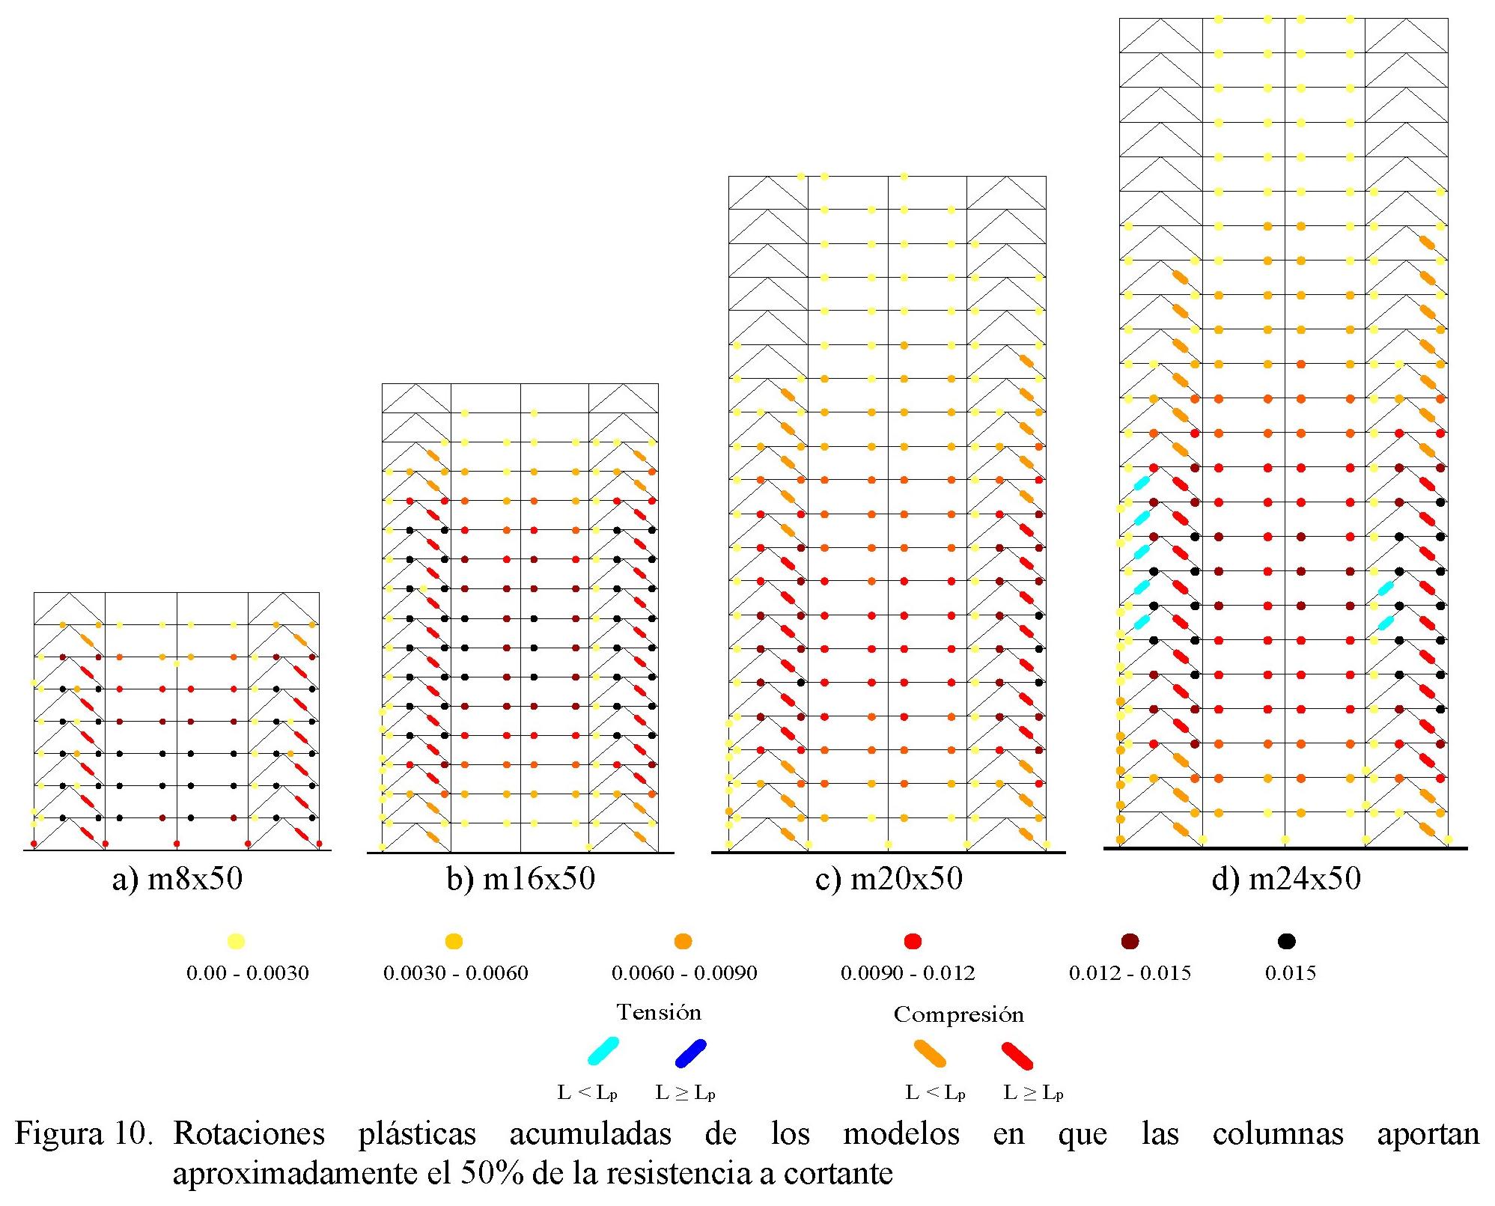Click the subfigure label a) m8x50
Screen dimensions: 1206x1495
tap(177, 879)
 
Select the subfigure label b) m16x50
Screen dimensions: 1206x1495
tap(521, 879)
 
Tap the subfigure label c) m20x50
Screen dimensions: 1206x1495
tap(889, 879)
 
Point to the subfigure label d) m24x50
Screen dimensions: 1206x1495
tap(1285, 879)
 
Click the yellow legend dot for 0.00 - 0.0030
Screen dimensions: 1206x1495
tap(237, 941)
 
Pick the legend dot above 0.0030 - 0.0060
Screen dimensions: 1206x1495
tap(454, 941)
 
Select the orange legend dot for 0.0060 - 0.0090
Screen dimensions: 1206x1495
tap(683, 941)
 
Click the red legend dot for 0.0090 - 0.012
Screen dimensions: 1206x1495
tap(913, 941)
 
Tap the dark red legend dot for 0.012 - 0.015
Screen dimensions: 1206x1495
tap(1130, 941)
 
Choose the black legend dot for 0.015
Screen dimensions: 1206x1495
tap(1287, 941)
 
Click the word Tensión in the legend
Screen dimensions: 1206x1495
tap(659, 1013)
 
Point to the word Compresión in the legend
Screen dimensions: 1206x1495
tap(958, 1015)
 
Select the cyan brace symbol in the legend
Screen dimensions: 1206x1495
tap(603, 1051)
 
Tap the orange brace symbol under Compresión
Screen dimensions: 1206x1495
tap(930, 1054)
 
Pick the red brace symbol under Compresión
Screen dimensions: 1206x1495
tap(1017, 1056)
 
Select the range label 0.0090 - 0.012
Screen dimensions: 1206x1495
tap(907, 973)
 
